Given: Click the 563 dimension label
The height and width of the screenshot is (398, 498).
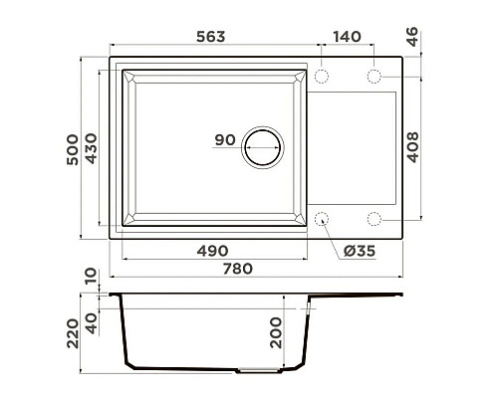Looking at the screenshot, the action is [x=210, y=37].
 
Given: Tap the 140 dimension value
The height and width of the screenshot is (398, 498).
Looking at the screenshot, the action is [x=347, y=37].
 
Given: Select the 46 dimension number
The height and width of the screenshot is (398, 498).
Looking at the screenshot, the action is [x=411, y=37].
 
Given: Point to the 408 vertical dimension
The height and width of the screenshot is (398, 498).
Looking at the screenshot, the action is [x=412, y=147].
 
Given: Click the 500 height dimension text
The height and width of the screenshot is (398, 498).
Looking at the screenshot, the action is [x=73, y=149].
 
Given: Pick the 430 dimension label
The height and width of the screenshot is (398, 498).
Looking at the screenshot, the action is [x=91, y=148].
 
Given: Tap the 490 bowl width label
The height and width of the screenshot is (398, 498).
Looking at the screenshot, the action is [x=212, y=251].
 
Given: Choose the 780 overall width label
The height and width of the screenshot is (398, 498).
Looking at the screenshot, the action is [x=238, y=269].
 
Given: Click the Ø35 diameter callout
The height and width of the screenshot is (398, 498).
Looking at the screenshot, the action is [x=360, y=251].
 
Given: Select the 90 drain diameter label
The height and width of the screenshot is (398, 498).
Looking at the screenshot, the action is [x=225, y=140].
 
